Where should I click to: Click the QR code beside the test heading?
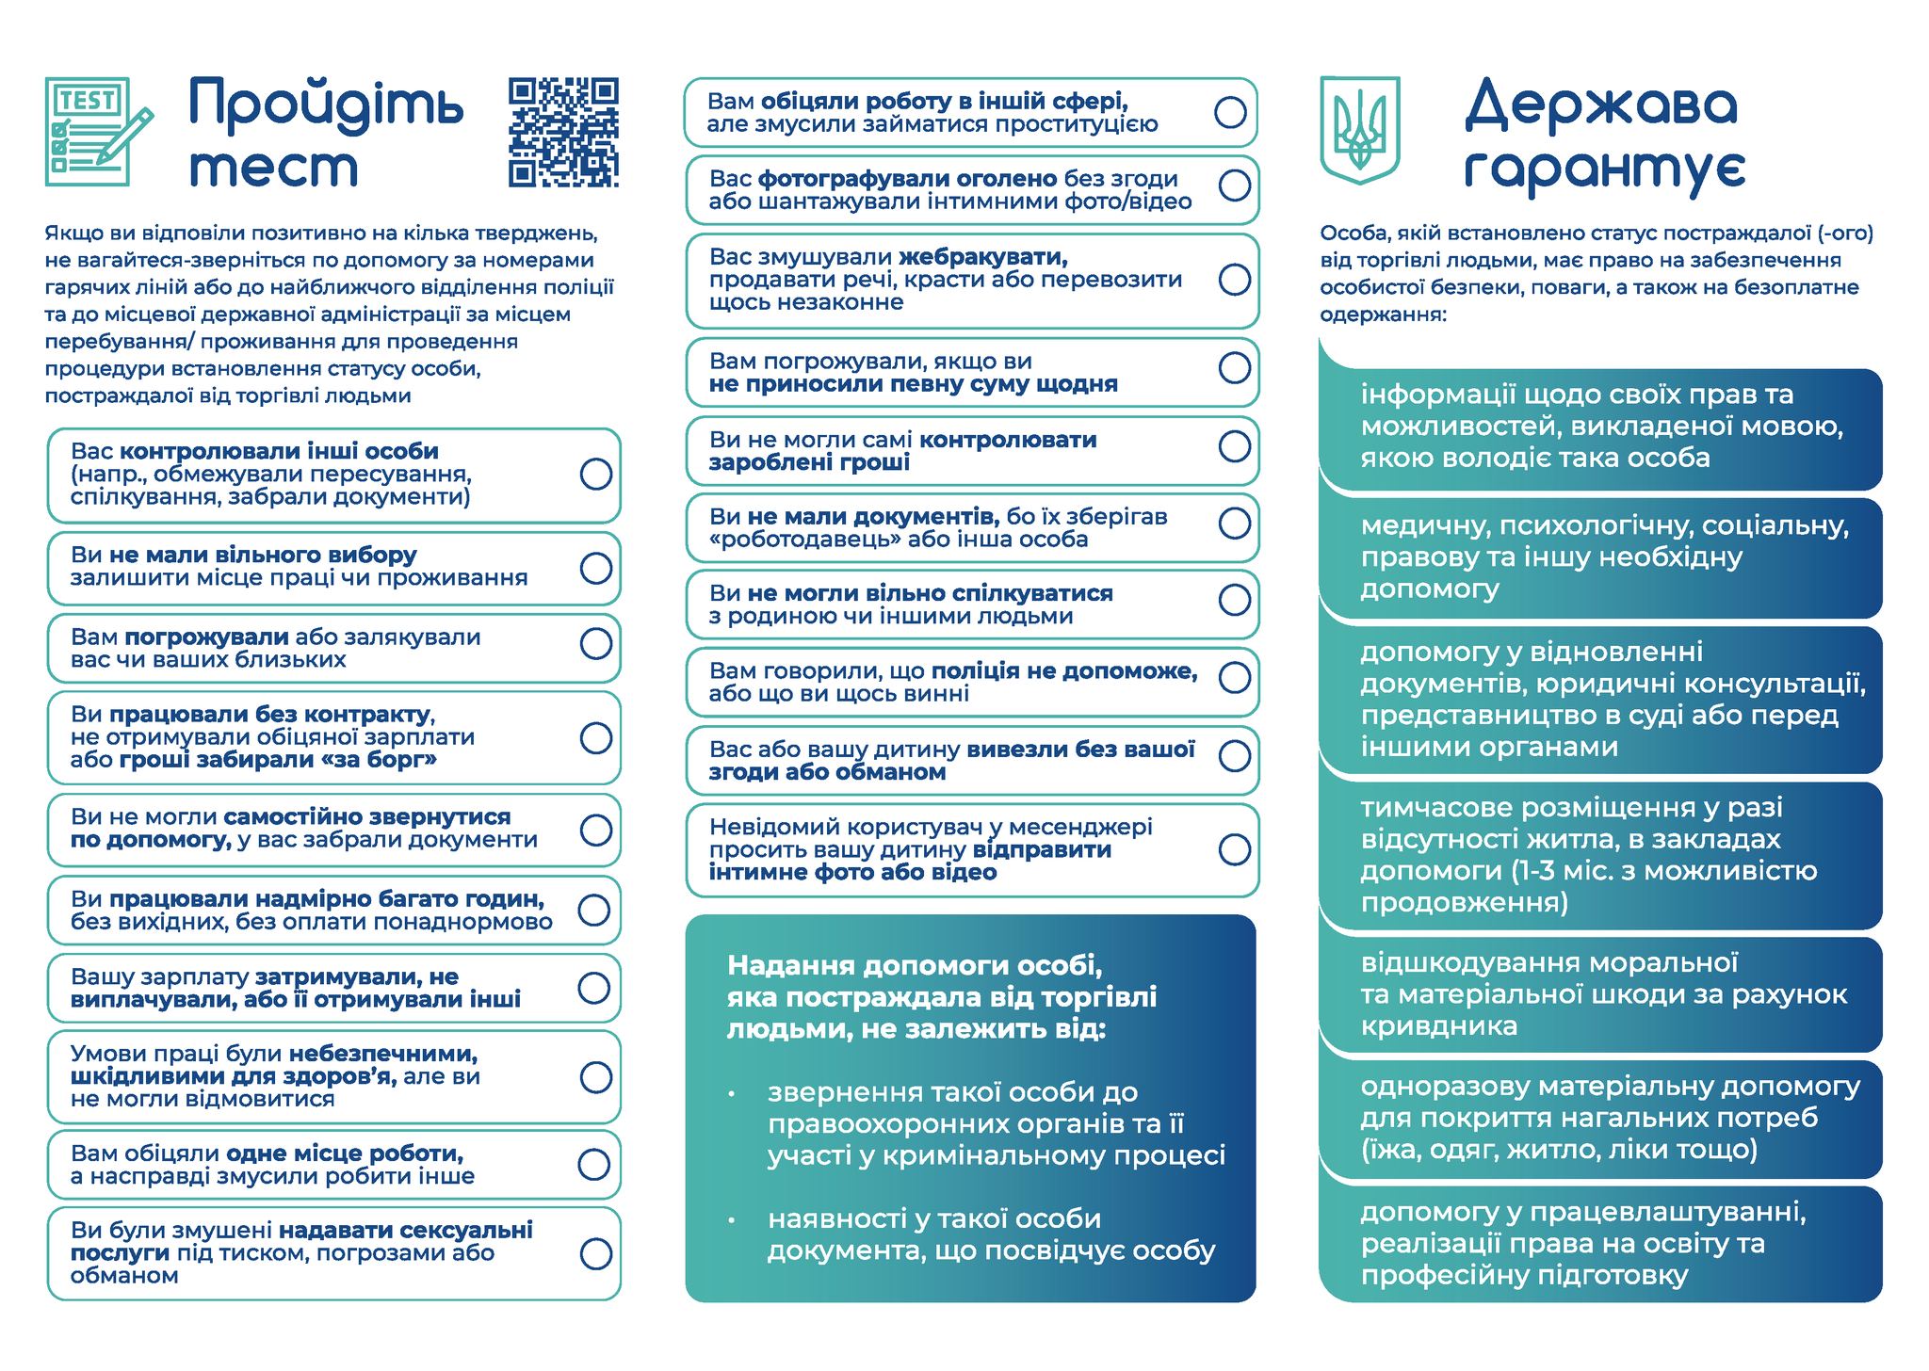click(x=563, y=133)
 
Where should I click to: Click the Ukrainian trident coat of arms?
click(x=1359, y=130)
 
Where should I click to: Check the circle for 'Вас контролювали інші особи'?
click(x=596, y=474)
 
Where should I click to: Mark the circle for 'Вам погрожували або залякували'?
click(x=596, y=644)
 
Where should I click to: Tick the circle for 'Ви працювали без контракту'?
click(x=596, y=737)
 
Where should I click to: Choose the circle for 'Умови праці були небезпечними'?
click(x=596, y=1076)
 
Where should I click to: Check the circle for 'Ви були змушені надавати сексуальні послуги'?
click(x=596, y=1253)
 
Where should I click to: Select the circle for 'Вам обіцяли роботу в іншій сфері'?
click(x=1230, y=113)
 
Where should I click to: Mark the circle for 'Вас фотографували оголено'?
click(x=1234, y=185)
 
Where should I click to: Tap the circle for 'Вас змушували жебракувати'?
click(x=1234, y=280)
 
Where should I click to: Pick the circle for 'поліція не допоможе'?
click(x=1234, y=677)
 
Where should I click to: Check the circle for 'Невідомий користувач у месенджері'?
click(x=1234, y=849)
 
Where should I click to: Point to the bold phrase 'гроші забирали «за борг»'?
click(x=279, y=760)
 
